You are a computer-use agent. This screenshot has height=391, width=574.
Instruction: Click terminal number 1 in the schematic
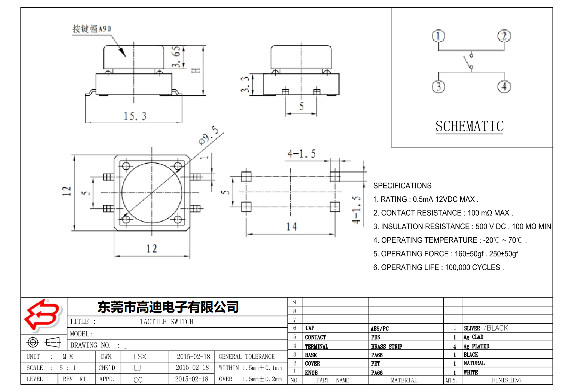tap(438, 36)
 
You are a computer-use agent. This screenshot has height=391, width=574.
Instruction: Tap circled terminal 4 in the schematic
tap(504, 87)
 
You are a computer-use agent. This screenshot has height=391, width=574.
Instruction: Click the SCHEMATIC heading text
tap(470, 126)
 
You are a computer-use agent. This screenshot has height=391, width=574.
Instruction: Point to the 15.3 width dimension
tap(135, 116)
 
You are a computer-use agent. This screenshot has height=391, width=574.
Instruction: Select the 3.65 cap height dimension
tap(176, 57)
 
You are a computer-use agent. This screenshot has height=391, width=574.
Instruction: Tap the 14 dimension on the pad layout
tap(291, 227)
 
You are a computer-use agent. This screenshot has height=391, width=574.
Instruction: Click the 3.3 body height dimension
tap(245, 84)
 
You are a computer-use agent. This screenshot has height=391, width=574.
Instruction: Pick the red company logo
tap(42, 315)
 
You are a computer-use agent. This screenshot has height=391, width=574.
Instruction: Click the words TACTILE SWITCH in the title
tap(167, 322)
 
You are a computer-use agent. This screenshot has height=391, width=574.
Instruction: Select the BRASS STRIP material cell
tap(386, 346)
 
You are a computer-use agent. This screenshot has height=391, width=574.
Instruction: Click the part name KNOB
tap(311, 373)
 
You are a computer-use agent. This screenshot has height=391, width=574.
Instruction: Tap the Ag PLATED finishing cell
tap(476, 346)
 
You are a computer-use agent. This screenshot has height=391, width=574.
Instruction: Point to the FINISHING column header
tap(507, 380)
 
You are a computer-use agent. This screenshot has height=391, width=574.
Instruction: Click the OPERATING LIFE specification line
tap(438, 268)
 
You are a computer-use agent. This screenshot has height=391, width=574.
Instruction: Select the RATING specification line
tap(426, 199)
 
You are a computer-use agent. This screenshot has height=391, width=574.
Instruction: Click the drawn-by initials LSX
tap(140, 357)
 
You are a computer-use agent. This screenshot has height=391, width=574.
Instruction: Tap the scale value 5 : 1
tap(67, 368)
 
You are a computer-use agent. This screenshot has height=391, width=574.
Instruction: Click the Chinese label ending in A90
tap(92, 29)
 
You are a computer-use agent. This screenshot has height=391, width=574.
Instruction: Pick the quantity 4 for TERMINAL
tap(454, 346)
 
